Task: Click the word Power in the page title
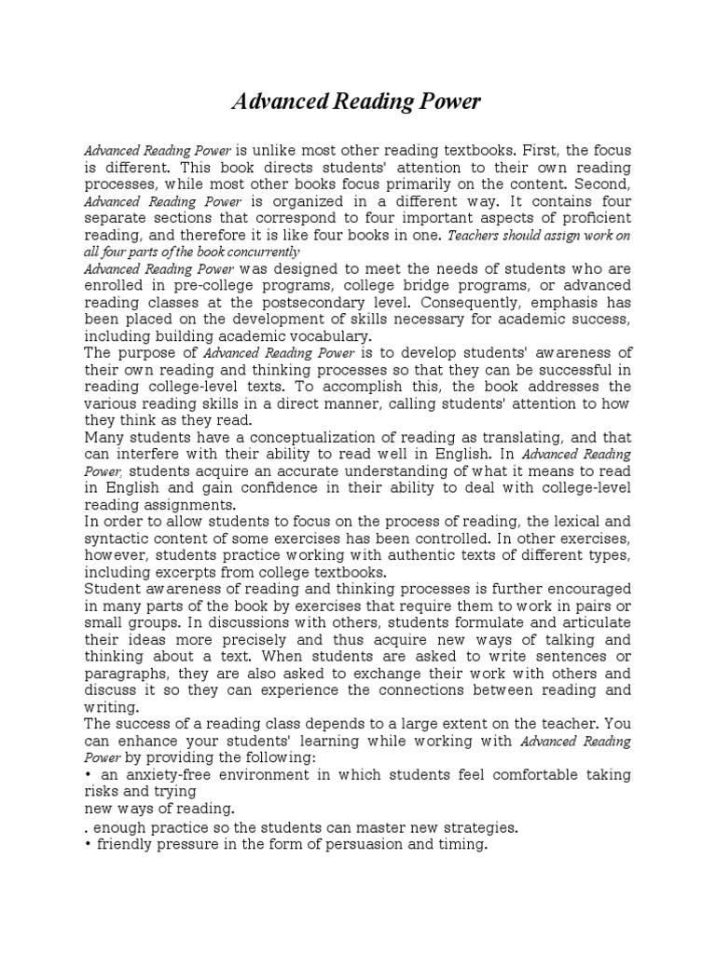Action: click(444, 102)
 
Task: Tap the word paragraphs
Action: click(125, 674)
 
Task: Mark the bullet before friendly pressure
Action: click(88, 845)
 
